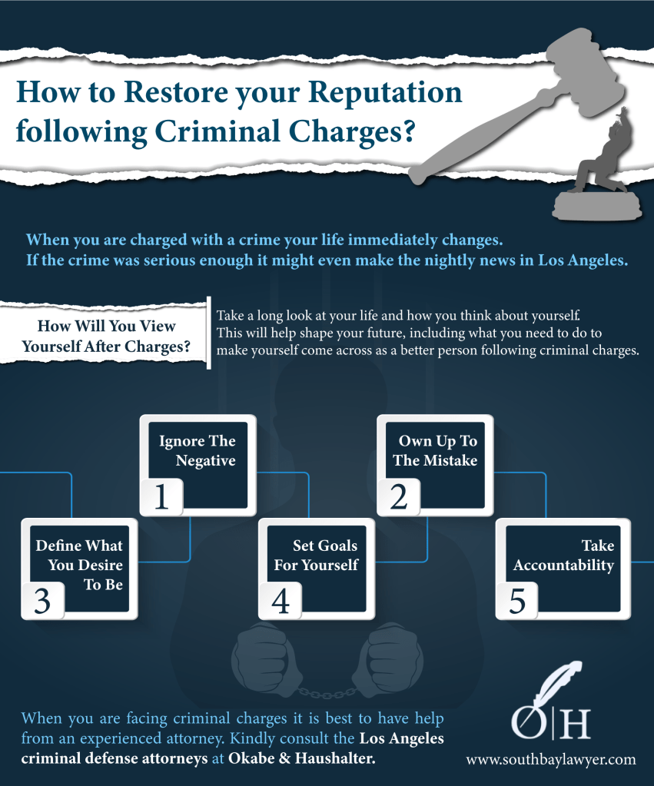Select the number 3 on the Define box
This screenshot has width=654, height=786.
click(x=43, y=601)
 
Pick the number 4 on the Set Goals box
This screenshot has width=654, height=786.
click(x=280, y=601)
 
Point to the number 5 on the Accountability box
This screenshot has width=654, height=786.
click(x=517, y=601)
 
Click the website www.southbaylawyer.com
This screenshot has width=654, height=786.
click(x=551, y=759)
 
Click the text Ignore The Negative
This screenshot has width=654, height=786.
click(x=197, y=451)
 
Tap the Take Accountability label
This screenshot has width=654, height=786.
click(x=564, y=556)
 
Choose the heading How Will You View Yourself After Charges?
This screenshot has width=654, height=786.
click(x=106, y=337)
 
